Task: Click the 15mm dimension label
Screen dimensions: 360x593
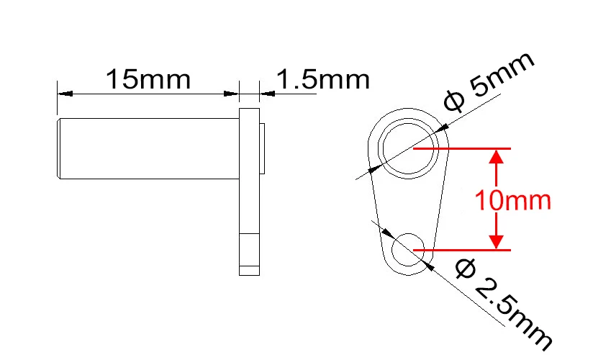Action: [149, 78]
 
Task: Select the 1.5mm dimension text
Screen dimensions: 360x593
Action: [322, 78]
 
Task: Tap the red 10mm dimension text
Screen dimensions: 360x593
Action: [512, 199]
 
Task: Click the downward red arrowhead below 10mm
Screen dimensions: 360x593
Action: [495, 240]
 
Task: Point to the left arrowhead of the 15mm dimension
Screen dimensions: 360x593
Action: [63, 93]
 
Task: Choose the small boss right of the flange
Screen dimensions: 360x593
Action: [263, 148]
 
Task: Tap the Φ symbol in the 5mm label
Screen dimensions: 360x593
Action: [454, 102]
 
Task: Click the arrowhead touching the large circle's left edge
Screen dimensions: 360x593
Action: [375, 169]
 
